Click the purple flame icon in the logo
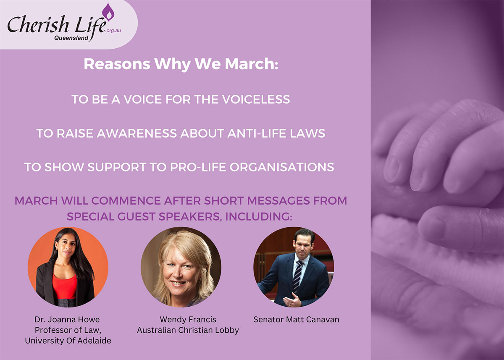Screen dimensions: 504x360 pyautogui.click(x=108, y=12)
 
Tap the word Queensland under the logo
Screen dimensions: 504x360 pyautogui.click(x=71, y=38)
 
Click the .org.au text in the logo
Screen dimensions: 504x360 pyautogui.click(x=113, y=31)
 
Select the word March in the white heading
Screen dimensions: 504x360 pyautogui.click(x=252, y=64)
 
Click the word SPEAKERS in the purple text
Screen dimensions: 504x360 pyautogui.click(x=191, y=216)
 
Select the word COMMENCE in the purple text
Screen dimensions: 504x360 pyautogui.click(x=126, y=201)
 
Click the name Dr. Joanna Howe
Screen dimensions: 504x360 pyautogui.click(x=67, y=320)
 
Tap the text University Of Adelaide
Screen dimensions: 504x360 pyautogui.click(x=68, y=341)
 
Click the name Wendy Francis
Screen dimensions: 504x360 pyautogui.click(x=188, y=320)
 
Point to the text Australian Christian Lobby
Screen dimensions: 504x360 pyautogui.click(x=188, y=330)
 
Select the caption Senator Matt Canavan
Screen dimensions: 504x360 pyautogui.click(x=296, y=320)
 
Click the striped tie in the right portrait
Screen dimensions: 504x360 pyautogui.click(x=298, y=276)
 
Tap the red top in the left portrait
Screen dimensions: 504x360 pyautogui.click(x=65, y=286)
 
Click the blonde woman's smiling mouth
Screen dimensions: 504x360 pyautogui.click(x=178, y=283)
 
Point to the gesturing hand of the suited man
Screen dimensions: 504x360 pyautogui.click(x=292, y=300)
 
